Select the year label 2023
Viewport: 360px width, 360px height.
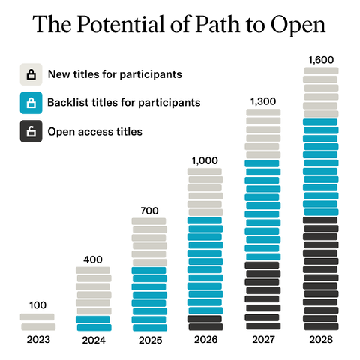[x=37, y=340]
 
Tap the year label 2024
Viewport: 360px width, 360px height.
[x=94, y=340]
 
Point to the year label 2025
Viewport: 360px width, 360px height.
[x=149, y=340]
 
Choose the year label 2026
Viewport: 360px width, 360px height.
[x=205, y=340]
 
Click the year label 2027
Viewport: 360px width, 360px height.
[x=262, y=340]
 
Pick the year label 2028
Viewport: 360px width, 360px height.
[x=320, y=340]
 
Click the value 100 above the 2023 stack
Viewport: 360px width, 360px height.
[x=37, y=305]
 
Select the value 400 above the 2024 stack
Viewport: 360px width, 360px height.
[x=93, y=259]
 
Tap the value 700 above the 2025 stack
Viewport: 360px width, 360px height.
[x=149, y=211]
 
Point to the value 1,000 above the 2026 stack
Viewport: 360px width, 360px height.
[x=205, y=160]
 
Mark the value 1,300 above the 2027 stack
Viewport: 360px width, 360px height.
[x=262, y=102]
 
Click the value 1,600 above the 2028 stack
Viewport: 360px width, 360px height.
[x=320, y=59]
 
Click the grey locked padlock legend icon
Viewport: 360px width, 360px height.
[x=31, y=73]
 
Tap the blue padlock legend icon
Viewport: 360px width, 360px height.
[x=31, y=103]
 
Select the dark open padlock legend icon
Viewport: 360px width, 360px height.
[x=31, y=132]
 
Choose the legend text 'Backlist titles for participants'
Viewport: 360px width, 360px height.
[x=124, y=103]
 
